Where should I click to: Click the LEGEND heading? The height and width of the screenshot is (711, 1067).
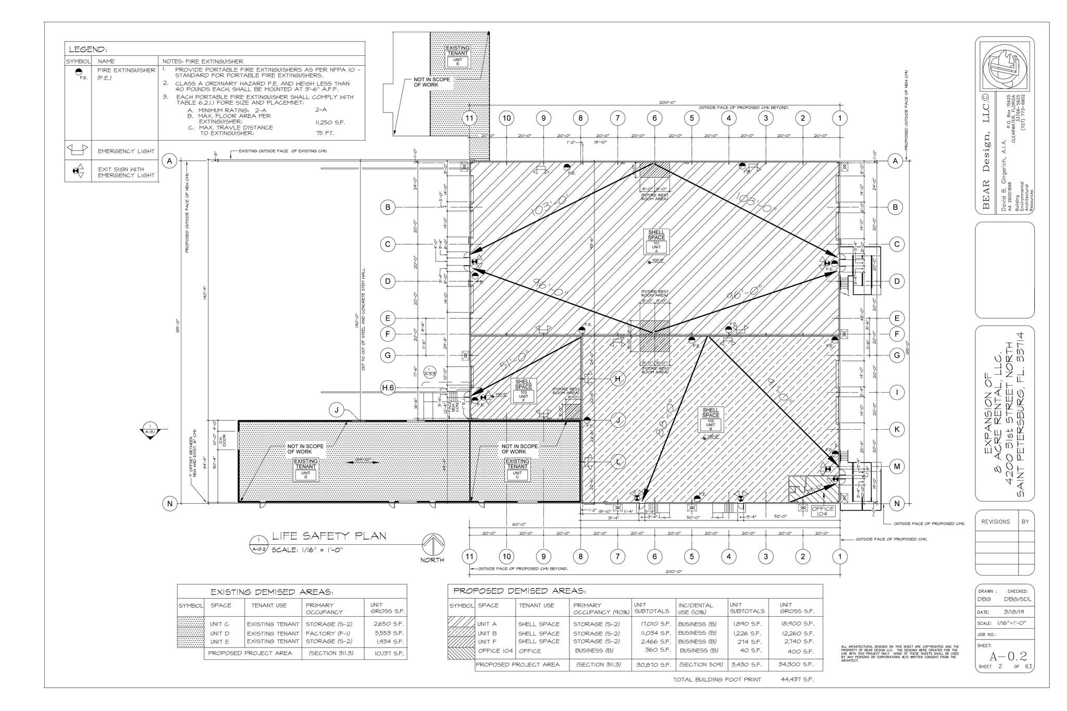coord(88,50)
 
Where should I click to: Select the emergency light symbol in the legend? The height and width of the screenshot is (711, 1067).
coord(78,151)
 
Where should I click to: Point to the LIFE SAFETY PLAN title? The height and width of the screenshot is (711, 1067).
coord(329,536)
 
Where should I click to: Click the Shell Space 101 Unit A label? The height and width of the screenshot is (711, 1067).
coord(656,241)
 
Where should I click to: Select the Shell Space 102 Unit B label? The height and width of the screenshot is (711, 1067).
coord(711,419)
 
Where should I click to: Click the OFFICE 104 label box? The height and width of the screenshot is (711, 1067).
coord(822,511)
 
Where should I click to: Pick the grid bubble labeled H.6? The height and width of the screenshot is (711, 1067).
coord(388,388)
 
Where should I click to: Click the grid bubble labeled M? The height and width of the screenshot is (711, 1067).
coord(897,466)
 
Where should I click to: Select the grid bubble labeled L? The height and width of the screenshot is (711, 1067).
coord(618,461)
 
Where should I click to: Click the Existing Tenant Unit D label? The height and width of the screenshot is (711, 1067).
coord(306,469)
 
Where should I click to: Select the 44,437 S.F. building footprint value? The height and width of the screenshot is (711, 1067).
coord(797,679)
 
